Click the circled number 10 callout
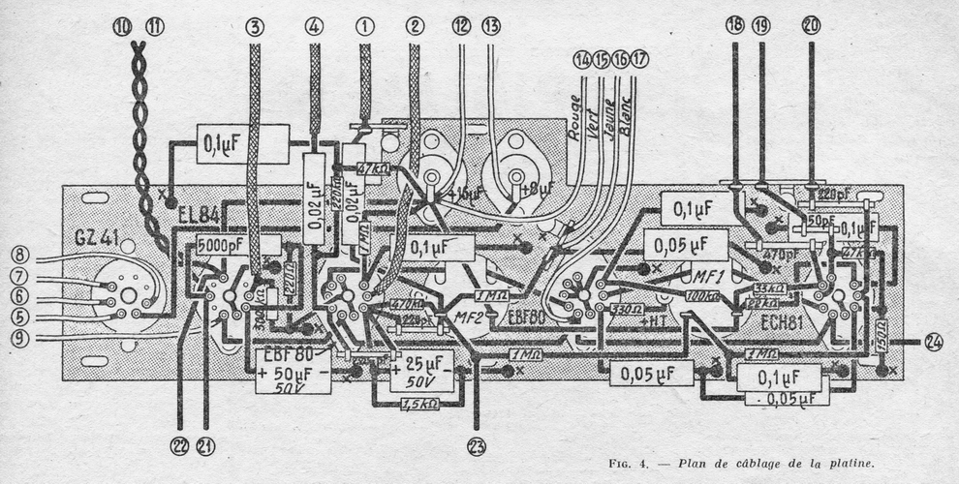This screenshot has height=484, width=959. tap(122, 28)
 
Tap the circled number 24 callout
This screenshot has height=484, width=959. tap(932, 342)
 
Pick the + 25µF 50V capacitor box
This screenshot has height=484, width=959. tap(422, 369)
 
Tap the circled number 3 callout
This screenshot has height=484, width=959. tap(255, 27)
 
